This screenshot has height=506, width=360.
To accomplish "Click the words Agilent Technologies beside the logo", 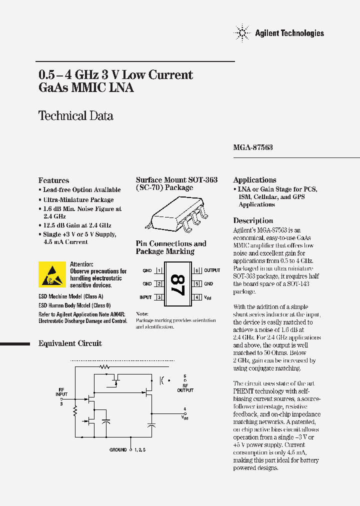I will [289, 33].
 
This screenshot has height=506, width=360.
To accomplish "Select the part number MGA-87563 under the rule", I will [253, 148].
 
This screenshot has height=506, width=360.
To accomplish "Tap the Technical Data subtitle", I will [76, 116].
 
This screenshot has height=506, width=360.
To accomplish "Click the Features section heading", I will [54, 180].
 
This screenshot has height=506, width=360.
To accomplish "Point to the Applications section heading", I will [254, 180].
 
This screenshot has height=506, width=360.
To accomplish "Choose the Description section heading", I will [253, 220].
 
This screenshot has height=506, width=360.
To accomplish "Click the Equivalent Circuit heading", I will [70, 343].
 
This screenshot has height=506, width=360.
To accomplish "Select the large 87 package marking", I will [177, 283].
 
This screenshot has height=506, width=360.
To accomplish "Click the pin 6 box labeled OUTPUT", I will [197, 270].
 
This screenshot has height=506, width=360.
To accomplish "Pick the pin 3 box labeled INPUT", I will [159, 297].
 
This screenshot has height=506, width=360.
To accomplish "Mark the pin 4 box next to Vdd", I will [197, 297].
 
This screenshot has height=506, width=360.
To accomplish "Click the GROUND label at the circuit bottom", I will [118, 450].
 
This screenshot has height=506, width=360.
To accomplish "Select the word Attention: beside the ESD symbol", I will [81, 264].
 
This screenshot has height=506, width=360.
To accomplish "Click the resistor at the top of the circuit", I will [104, 366].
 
